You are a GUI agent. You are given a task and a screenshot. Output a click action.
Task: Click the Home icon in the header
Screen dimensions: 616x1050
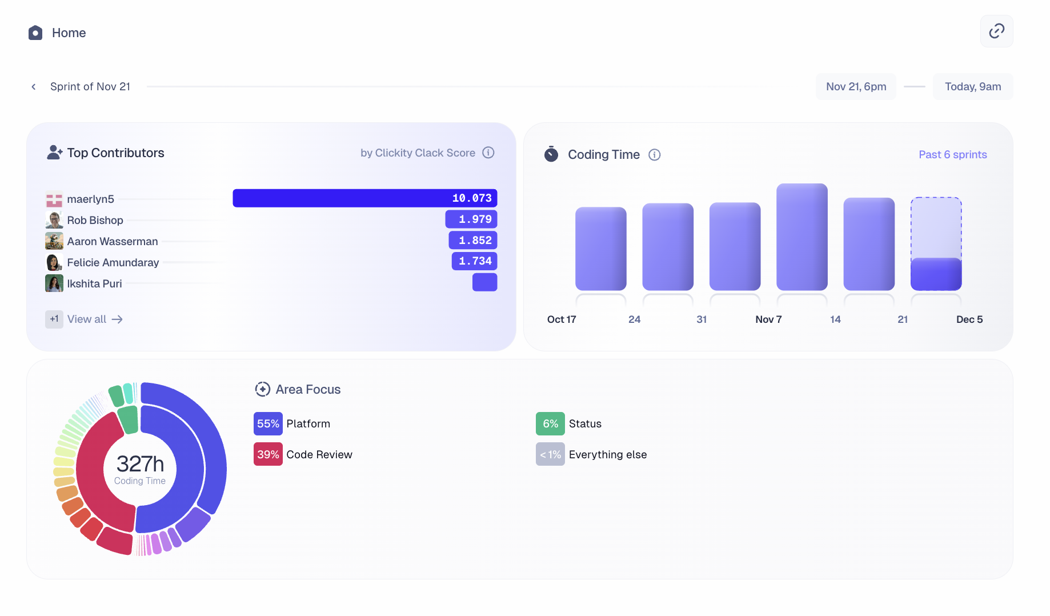click(35, 33)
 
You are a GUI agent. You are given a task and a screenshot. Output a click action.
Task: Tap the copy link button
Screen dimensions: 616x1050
click(996, 31)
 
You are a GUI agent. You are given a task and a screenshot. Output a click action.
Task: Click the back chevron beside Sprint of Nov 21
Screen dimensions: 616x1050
click(34, 87)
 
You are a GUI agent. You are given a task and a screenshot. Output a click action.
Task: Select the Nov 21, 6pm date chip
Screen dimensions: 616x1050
click(856, 87)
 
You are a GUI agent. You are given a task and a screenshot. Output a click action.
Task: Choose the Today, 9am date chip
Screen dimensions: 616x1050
click(972, 87)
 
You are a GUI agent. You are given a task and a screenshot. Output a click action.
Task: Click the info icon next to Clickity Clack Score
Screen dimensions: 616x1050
click(488, 153)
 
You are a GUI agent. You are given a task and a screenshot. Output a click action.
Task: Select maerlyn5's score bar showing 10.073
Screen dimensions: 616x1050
click(364, 198)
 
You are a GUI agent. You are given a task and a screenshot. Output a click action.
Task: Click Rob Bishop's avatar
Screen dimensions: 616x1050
click(54, 220)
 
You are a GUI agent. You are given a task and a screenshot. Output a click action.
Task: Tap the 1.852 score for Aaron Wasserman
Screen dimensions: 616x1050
click(473, 241)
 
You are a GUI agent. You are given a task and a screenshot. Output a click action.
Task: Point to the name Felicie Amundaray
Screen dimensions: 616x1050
click(113, 263)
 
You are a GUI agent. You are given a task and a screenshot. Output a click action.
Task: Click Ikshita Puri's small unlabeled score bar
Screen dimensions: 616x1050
click(484, 282)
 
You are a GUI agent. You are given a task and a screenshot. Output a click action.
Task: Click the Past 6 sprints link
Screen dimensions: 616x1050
click(952, 155)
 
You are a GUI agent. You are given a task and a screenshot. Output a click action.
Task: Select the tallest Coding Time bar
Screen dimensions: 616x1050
click(801, 237)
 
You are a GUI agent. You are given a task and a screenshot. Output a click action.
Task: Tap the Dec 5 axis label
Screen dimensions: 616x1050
click(969, 319)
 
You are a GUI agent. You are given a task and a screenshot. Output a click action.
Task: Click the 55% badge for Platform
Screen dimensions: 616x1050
click(268, 424)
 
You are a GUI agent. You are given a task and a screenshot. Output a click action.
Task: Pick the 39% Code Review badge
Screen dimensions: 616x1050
click(268, 455)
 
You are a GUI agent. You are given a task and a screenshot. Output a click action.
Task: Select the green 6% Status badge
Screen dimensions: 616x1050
click(550, 424)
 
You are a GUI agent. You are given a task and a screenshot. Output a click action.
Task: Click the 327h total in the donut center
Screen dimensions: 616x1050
click(140, 464)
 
